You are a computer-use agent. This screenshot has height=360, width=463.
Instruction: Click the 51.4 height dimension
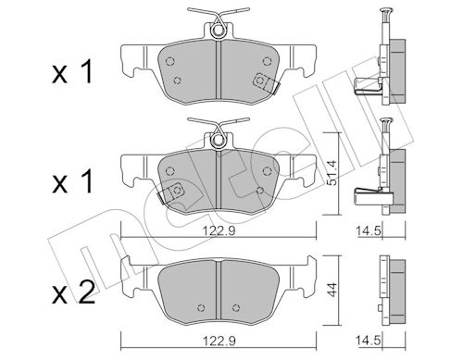tap(332, 173)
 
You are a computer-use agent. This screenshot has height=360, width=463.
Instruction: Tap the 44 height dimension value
tap(332, 290)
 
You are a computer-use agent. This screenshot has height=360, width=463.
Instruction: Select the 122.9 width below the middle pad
tap(219, 230)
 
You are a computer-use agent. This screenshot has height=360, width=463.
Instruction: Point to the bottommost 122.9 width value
tap(219, 341)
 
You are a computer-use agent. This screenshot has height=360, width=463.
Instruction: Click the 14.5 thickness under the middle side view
tap(369, 230)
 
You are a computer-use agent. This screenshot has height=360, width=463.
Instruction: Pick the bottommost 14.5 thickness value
tap(369, 341)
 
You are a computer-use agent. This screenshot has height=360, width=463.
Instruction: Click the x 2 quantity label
tap(73, 291)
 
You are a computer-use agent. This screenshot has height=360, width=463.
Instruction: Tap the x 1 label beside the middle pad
tap(72, 181)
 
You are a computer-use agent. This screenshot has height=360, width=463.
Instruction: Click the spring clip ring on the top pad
tap(219, 31)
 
